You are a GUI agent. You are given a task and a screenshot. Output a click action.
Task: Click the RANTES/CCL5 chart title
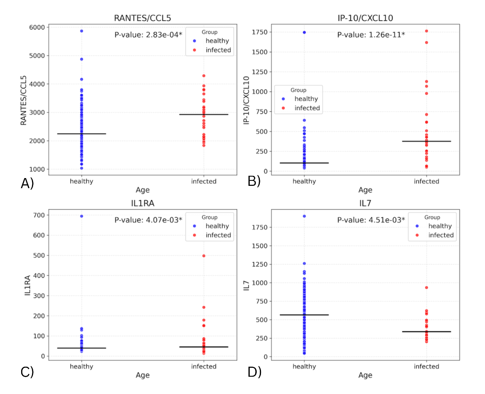[x=142, y=18]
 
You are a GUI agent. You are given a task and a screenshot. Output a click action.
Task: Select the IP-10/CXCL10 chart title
[x=365, y=18]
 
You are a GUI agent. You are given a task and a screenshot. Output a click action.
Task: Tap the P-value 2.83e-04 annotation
[x=148, y=35]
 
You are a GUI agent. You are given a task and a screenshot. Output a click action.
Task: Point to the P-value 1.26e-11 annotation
[x=371, y=35]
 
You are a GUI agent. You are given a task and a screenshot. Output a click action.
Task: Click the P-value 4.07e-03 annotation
[x=148, y=220]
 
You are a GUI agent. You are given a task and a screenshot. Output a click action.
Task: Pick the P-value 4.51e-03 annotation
[x=371, y=220]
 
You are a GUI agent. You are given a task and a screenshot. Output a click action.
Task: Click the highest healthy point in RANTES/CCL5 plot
[x=82, y=31]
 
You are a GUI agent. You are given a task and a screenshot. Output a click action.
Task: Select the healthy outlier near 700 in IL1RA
[x=82, y=216]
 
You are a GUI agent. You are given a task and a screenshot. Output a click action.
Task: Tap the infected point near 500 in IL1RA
[x=204, y=256]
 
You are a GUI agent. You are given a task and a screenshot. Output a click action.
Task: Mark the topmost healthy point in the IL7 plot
[x=304, y=216]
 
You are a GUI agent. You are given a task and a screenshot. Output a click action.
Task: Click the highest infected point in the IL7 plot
[x=426, y=288]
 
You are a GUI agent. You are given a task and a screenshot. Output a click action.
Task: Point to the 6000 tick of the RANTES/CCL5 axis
[x=37, y=27]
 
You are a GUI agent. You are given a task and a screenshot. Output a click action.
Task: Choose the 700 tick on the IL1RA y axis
[x=39, y=215]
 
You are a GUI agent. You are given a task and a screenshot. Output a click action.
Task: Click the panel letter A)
[x=27, y=184]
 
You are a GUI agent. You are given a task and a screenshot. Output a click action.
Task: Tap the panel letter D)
[x=254, y=372]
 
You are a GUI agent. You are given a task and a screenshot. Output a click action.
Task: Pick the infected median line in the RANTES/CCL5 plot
[x=204, y=115]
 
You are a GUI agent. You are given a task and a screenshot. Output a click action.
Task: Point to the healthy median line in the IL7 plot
[x=304, y=315]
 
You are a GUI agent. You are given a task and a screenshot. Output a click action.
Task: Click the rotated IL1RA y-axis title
[x=27, y=285]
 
